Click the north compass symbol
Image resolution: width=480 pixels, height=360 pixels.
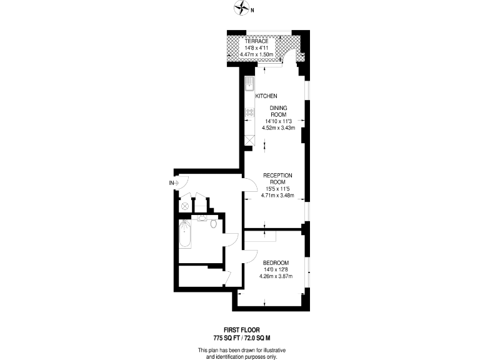241,9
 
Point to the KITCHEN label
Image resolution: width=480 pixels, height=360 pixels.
266,96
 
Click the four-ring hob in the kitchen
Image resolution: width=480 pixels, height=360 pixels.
249,112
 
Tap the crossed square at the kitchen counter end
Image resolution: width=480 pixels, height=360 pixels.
249,140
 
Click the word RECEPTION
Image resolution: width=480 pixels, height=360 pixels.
278,175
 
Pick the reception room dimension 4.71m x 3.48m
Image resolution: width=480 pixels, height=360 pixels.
278,194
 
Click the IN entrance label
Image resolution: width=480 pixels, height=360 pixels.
171,182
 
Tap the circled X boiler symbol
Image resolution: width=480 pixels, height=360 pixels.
186,206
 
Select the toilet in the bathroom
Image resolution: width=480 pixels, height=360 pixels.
214,223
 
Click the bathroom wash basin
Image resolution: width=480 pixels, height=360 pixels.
202,219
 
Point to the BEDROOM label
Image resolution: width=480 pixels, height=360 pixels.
276,262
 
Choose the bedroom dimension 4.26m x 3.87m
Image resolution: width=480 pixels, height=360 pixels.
276,276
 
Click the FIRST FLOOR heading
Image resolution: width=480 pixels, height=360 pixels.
241,329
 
